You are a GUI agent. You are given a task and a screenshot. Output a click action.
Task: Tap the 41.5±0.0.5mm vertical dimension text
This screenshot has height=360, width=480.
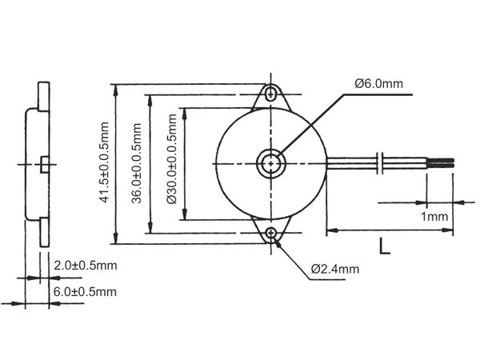click(x=104, y=164)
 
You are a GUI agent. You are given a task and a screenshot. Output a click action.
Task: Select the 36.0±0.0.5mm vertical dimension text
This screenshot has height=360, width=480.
click(x=137, y=164)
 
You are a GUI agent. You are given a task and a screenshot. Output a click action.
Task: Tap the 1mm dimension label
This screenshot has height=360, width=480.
click(x=433, y=217)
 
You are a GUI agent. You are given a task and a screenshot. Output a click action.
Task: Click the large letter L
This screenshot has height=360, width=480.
click(x=385, y=247)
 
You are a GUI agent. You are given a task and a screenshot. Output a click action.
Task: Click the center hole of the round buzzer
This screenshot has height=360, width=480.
click(x=272, y=163)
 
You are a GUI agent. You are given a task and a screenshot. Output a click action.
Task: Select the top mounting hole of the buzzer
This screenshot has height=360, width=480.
click(x=273, y=93)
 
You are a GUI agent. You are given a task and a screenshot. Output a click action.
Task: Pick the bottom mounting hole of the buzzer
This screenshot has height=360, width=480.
click(x=273, y=234)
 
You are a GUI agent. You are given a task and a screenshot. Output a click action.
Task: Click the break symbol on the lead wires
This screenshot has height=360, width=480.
click(x=382, y=162)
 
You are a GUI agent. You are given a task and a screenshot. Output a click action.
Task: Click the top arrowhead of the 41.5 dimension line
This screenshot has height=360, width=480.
click(x=118, y=88)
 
